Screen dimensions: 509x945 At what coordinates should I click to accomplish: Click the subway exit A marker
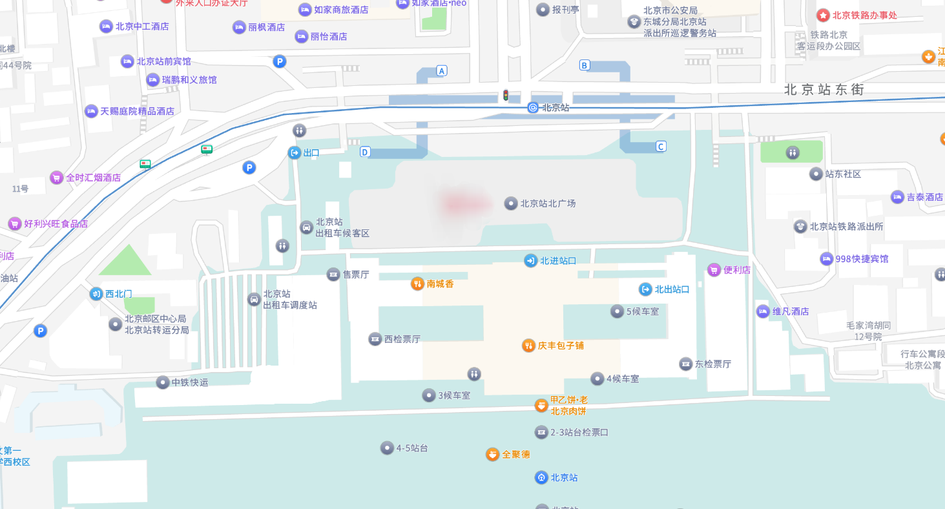pyautogui.click(x=442, y=70)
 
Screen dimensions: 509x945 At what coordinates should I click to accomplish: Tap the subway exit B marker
pyautogui.click(x=585, y=65)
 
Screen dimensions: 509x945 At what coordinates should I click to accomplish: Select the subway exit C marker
pyautogui.click(x=660, y=146)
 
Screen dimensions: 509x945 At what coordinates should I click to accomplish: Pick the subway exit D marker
pyautogui.click(x=365, y=152)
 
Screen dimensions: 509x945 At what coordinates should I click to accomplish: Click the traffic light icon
pyautogui.click(x=506, y=96)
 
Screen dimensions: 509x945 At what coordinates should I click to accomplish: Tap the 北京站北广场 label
pyautogui.click(x=548, y=203)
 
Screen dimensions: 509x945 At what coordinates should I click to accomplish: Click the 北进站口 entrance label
pyautogui.click(x=557, y=261)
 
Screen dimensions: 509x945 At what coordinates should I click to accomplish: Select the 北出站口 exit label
pyautogui.click(x=672, y=289)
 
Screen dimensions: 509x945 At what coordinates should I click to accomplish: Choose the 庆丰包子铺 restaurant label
pyautogui.click(x=561, y=346)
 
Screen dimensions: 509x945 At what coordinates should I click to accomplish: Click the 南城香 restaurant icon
pyautogui.click(x=418, y=283)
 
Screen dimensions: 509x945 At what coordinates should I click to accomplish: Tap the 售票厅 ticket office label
pyautogui.click(x=355, y=275)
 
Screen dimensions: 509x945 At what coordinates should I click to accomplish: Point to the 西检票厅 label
pyautogui.click(x=402, y=339)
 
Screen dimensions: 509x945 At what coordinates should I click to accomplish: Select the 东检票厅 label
pyautogui.click(x=712, y=364)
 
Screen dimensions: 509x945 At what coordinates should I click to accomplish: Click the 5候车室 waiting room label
pyautogui.click(x=642, y=311)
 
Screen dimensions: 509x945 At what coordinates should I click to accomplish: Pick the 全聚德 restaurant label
pyautogui.click(x=516, y=455)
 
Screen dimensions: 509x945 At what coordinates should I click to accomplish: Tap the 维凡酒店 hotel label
pyautogui.click(x=791, y=311)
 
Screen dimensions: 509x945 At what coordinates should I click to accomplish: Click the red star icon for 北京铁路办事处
pyautogui.click(x=823, y=15)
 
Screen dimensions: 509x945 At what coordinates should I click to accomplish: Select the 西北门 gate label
pyautogui.click(x=118, y=294)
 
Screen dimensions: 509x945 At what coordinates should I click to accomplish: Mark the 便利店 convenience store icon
pyautogui.click(x=714, y=269)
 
